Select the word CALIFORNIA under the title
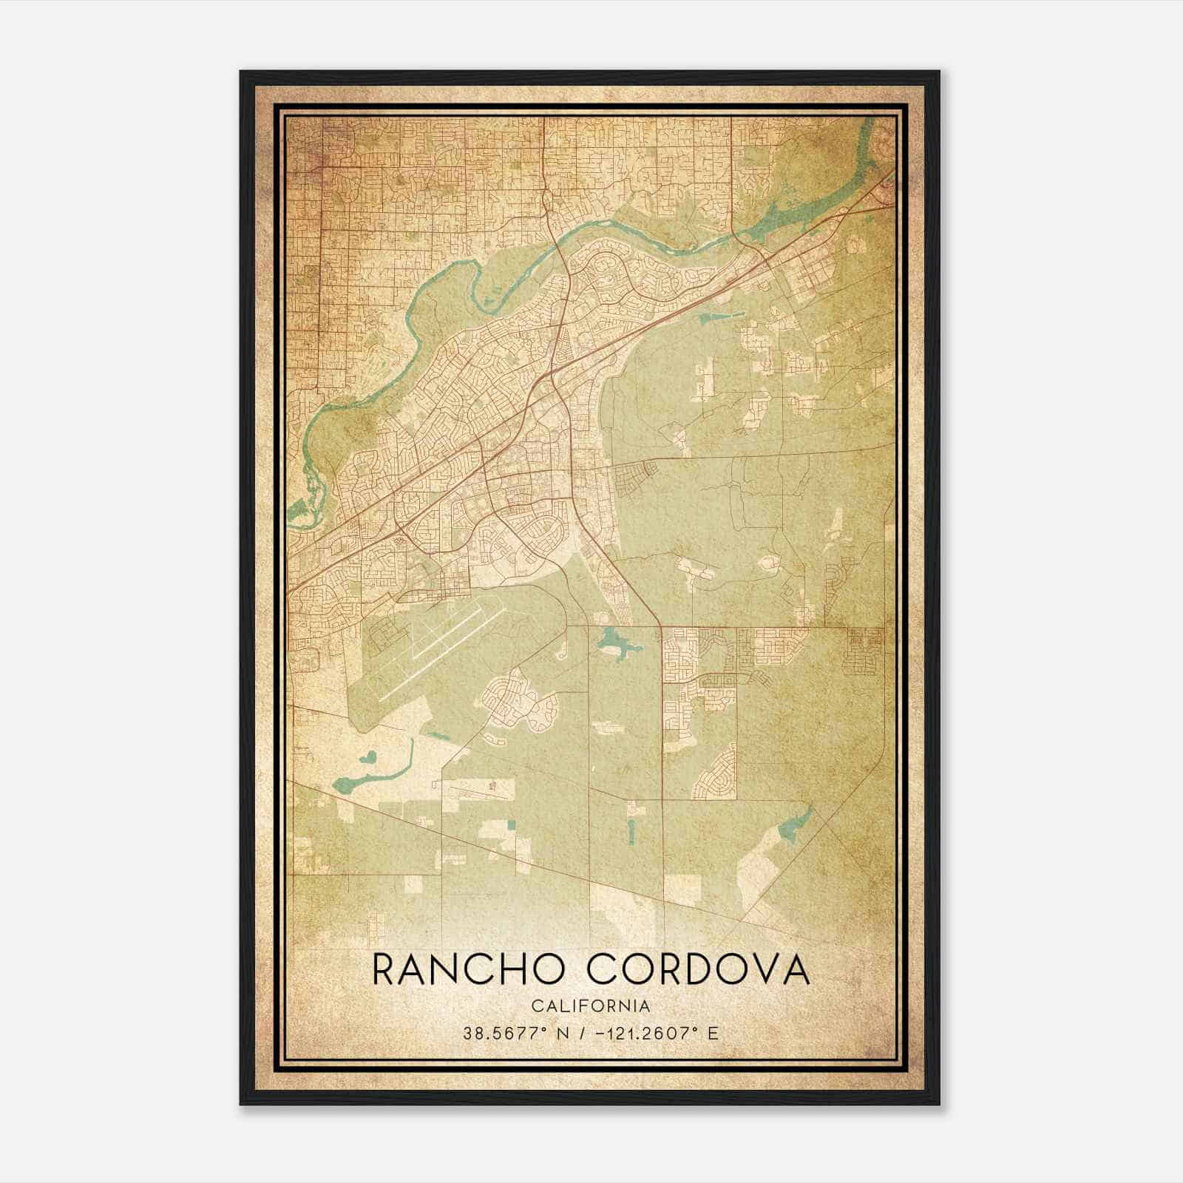[x=591, y=1006]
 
